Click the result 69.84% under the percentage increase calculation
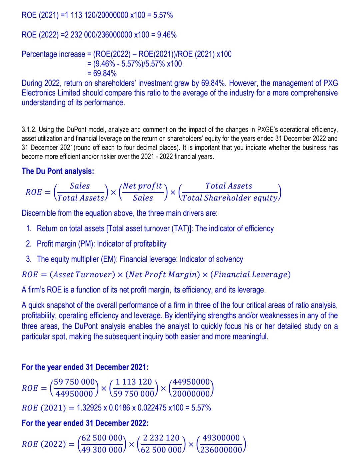105,73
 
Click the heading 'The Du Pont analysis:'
58,171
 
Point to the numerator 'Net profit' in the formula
142,186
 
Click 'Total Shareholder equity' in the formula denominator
230,198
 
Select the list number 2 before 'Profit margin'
29,244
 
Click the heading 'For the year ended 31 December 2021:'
85,367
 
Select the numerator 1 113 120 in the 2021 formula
134,382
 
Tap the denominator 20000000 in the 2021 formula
191,394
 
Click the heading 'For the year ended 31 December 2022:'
85,423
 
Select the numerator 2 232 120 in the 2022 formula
161,438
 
